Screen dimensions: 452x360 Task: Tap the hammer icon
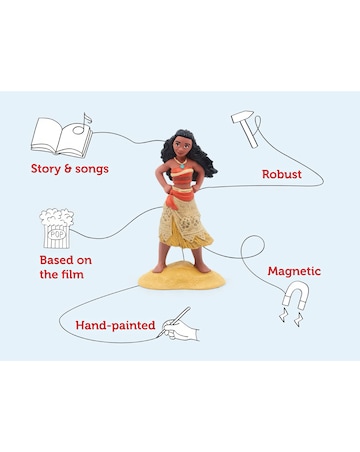click(x=246, y=125)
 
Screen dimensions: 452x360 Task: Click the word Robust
click(x=282, y=174)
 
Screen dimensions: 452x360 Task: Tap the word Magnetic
click(x=294, y=271)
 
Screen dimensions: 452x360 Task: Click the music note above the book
click(x=88, y=119)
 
